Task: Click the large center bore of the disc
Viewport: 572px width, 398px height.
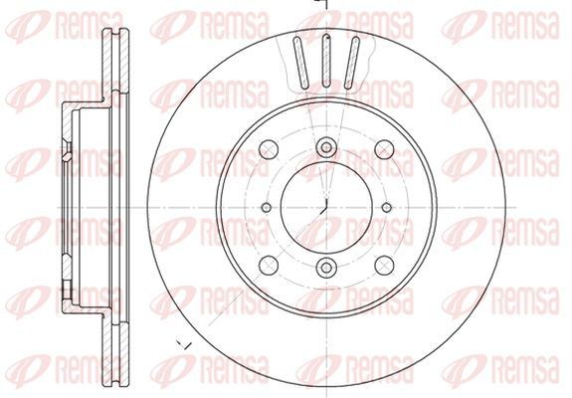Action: (326, 208)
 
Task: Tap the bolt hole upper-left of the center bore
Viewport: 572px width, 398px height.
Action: (269, 149)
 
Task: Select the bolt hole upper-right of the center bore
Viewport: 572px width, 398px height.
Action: (385, 149)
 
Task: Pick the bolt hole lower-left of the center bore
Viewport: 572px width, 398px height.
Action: (269, 266)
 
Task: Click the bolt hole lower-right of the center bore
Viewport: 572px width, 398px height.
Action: (385, 266)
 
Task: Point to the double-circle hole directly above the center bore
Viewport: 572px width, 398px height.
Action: (326, 147)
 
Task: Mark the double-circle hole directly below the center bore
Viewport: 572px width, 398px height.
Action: (326, 268)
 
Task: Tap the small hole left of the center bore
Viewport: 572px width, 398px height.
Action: (267, 208)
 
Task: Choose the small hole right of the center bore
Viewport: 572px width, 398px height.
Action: (387, 208)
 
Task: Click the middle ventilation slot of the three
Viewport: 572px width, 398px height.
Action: (326, 61)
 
